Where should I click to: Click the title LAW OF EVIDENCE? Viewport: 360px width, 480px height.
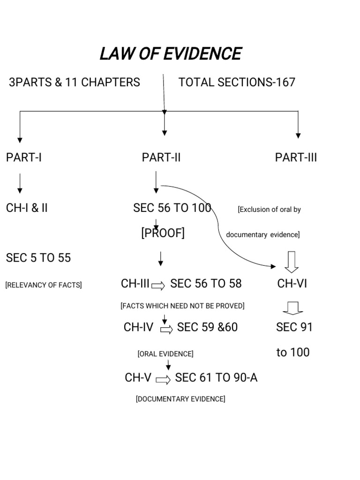pos(170,54)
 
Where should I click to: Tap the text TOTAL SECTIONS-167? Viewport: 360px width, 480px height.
pos(237,82)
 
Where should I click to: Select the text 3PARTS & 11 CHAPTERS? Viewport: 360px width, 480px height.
pos(74,82)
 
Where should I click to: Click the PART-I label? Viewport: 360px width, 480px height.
pos(24,157)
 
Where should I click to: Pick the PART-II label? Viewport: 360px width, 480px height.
pos(161,157)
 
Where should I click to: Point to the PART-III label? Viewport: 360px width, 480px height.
pos(296,157)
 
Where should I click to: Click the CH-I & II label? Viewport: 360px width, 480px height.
pos(27,208)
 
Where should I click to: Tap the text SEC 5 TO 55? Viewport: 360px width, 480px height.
pos(38,258)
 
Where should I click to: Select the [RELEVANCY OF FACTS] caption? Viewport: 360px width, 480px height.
pos(44,285)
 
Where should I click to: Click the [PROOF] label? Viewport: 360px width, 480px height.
pos(163,233)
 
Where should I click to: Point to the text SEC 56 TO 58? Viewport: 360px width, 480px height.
pos(206,284)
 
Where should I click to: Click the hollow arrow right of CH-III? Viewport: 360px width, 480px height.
pos(158,285)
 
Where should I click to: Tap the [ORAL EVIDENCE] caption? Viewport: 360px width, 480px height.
pos(165,354)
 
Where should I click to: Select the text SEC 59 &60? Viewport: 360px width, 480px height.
pos(207,327)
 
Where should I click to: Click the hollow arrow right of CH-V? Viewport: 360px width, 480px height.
pos(163,380)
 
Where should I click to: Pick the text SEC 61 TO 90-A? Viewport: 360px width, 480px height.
pos(216,378)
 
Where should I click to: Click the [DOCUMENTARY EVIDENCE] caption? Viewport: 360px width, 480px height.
pos(180,399)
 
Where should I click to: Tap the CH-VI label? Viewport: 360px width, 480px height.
pos(292,284)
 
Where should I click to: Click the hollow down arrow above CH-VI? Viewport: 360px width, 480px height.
pos(292,262)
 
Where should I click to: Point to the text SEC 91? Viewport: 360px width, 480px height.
pos(294,327)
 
